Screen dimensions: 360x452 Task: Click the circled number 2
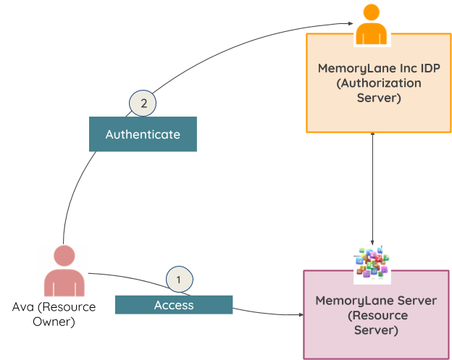point(143,104)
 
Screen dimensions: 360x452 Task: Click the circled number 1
point(180,278)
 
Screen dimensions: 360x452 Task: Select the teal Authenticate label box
point(143,135)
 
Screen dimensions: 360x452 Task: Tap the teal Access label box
point(174,305)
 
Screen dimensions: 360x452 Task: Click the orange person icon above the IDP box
point(372,25)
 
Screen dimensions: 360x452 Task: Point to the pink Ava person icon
point(64,272)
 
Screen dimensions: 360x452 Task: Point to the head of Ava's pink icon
point(64,256)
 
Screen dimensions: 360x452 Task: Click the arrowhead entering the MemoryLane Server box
point(298,315)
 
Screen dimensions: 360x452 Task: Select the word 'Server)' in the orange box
point(379,98)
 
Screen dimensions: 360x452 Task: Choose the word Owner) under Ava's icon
point(54,322)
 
